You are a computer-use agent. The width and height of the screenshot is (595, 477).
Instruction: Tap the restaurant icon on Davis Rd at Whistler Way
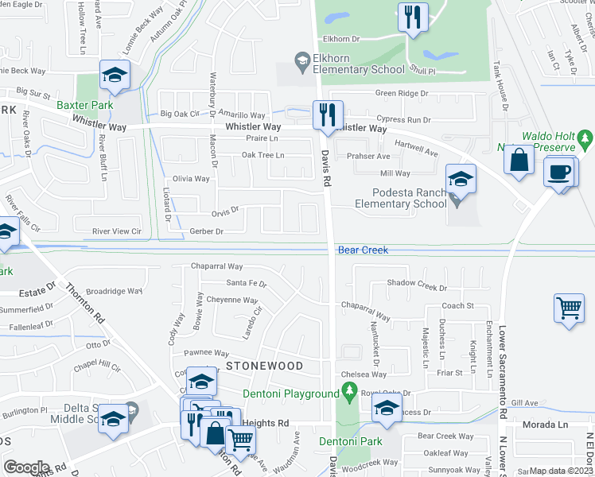pos(328,114)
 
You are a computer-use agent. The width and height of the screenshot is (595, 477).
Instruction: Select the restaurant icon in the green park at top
pos(413,17)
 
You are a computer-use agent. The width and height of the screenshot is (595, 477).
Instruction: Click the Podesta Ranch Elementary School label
pos(410,198)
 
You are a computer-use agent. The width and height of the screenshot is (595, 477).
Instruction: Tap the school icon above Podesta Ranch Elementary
pos(461,178)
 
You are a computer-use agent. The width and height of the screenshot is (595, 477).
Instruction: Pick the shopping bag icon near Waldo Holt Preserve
pos(519,159)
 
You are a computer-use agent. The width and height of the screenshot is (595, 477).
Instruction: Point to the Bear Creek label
pos(363,250)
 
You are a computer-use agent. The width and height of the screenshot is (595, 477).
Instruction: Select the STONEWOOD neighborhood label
pos(264,366)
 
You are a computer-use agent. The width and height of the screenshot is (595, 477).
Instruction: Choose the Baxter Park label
pos(84,105)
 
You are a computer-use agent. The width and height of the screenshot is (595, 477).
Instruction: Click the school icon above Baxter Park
pos(115,75)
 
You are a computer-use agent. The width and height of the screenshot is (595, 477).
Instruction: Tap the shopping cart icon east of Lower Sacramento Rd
pos(570,308)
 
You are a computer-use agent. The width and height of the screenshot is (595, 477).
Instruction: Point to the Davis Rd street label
pos(326,170)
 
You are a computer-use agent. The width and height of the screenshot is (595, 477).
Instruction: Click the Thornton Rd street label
pos(84,303)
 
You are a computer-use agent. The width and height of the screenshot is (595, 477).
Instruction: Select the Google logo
pos(26,467)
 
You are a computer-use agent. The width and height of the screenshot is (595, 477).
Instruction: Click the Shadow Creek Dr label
pos(417,284)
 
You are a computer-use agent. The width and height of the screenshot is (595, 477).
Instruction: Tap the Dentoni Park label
pos(351,441)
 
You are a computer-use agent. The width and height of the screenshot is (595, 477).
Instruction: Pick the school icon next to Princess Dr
pos(387,409)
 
